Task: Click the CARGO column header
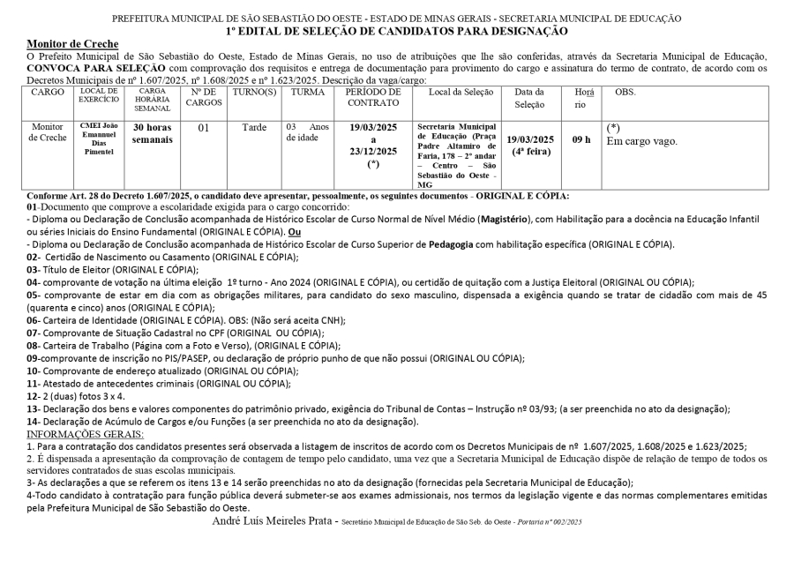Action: coord(46,92)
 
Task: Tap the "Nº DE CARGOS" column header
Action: coord(203,97)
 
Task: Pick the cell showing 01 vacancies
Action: coord(203,128)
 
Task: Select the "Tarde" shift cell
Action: coord(254,128)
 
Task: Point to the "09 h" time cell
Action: coord(581,139)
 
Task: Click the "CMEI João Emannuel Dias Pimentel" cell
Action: coord(99,139)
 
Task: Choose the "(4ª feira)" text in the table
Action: coord(530,151)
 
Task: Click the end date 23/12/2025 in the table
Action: coord(373,151)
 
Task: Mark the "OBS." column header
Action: coord(625,92)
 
